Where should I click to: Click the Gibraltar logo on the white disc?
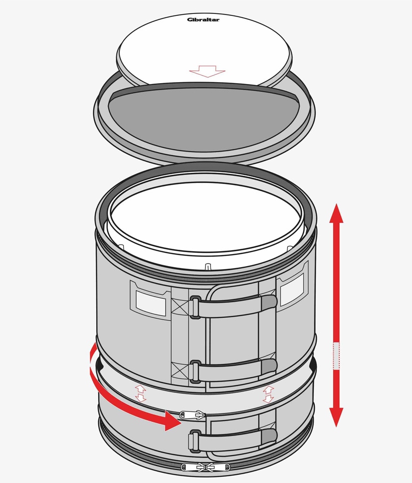[x=203, y=20]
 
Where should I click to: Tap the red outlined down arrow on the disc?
[x=207, y=71]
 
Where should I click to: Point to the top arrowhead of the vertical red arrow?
[x=336, y=213]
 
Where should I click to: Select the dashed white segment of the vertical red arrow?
[x=336, y=356]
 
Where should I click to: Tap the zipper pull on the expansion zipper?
[x=192, y=415]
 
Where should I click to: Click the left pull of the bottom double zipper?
[x=192, y=468]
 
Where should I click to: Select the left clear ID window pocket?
[x=151, y=303]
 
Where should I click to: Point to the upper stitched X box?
[x=180, y=307]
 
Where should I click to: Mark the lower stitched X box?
[x=180, y=370]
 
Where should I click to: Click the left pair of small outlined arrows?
[x=140, y=393]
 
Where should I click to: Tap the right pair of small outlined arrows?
[x=268, y=394]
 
